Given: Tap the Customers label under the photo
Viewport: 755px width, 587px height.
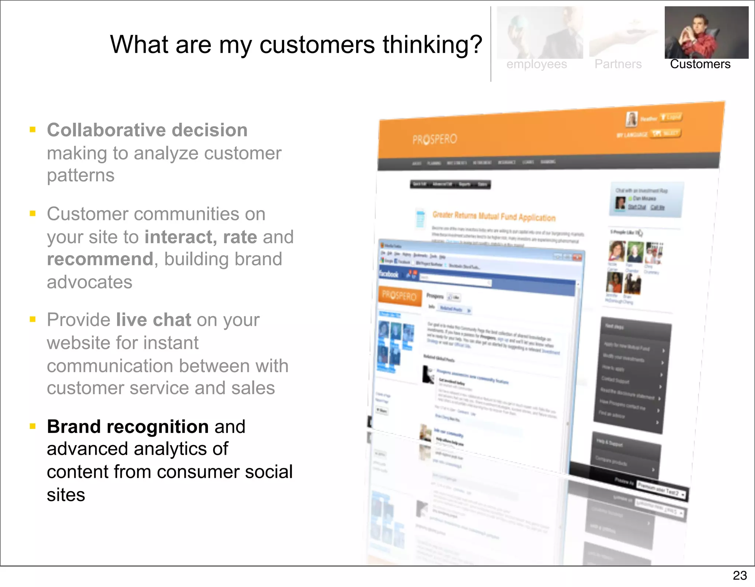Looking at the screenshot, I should click(x=700, y=64).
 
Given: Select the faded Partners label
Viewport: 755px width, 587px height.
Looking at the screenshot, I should click(x=618, y=64).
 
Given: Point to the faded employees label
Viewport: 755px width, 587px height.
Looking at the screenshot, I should click(x=536, y=64).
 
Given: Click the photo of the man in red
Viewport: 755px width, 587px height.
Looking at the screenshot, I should click(x=706, y=32).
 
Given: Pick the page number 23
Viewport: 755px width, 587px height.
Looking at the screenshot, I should click(x=740, y=575).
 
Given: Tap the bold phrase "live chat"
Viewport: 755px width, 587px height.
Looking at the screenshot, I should click(x=153, y=319).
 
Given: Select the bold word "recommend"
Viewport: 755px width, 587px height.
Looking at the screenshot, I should click(x=100, y=259).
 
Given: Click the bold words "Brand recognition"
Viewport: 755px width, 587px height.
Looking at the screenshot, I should click(x=128, y=426).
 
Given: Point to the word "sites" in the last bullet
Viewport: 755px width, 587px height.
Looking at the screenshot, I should click(x=66, y=495).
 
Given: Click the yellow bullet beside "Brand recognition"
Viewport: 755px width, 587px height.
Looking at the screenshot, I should click(x=33, y=426).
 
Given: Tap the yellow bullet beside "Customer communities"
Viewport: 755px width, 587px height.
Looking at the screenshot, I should click(x=33, y=213).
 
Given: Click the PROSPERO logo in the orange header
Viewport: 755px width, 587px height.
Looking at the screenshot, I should click(x=435, y=139).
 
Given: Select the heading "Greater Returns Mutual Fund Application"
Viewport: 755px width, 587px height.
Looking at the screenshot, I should click(x=494, y=216).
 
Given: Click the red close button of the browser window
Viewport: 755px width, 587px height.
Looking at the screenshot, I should click(x=577, y=257).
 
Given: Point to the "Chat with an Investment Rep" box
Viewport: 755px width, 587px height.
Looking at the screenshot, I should click(x=646, y=199).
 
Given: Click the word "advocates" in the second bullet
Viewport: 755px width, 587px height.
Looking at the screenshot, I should click(x=89, y=282).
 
